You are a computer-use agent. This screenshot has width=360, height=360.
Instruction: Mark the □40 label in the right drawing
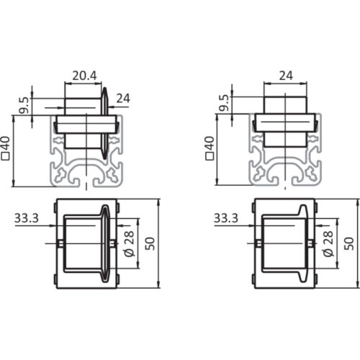(210, 150)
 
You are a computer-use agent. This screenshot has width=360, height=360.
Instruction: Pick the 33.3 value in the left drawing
(26, 216)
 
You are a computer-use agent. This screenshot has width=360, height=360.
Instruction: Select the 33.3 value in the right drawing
(226, 216)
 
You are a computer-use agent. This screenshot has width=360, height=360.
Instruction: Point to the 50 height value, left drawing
(150, 243)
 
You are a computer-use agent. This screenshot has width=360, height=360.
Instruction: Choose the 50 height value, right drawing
(350, 243)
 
